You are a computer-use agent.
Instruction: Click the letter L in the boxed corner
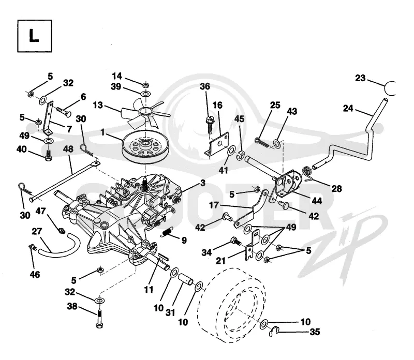point(34,36)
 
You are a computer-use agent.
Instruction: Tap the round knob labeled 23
point(390,88)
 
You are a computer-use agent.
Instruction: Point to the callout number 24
point(348,108)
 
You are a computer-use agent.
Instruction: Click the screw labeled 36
point(210,124)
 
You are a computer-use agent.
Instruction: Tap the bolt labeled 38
point(99,319)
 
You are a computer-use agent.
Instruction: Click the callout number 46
point(35,275)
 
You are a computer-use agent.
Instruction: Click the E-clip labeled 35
point(273,332)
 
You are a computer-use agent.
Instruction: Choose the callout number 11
point(149,290)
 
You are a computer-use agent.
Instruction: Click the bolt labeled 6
point(63,111)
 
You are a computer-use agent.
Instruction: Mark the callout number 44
point(317,201)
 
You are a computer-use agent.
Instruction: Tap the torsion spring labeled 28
point(307,172)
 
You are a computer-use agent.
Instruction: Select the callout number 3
point(202,183)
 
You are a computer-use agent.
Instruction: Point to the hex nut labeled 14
point(145,85)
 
